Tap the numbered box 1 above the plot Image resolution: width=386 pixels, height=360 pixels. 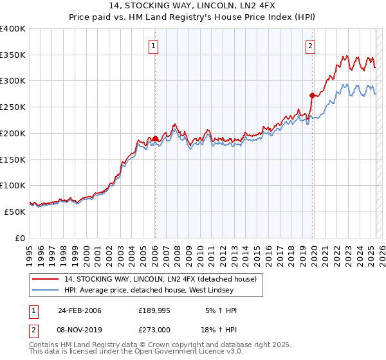(154, 46)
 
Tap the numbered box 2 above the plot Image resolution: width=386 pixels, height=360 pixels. (311, 46)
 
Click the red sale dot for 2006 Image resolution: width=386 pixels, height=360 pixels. (155, 138)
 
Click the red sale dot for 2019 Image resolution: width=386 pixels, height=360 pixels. (312, 95)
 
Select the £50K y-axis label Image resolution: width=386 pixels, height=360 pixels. (15, 212)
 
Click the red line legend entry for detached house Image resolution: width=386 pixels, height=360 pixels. (160, 279)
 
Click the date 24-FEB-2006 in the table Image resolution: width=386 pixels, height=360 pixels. (79, 310)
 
